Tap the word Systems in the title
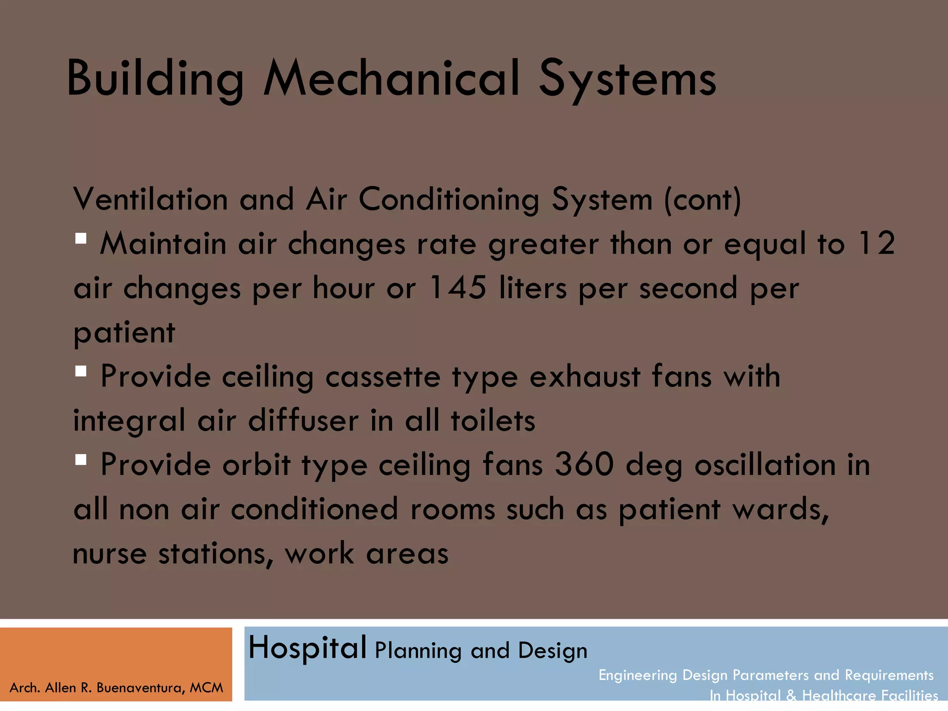(x=627, y=80)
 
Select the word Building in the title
(x=155, y=80)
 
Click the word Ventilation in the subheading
(x=150, y=200)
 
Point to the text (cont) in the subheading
(x=703, y=200)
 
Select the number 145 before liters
(x=458, y=287)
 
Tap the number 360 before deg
(x=584, y=464)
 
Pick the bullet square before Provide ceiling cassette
(x=81, y=371)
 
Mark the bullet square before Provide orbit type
(x=81, y=460)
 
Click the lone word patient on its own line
(x=124, y=332)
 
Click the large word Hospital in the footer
(x=307, y=648)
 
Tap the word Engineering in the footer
(x=637, y=675)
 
